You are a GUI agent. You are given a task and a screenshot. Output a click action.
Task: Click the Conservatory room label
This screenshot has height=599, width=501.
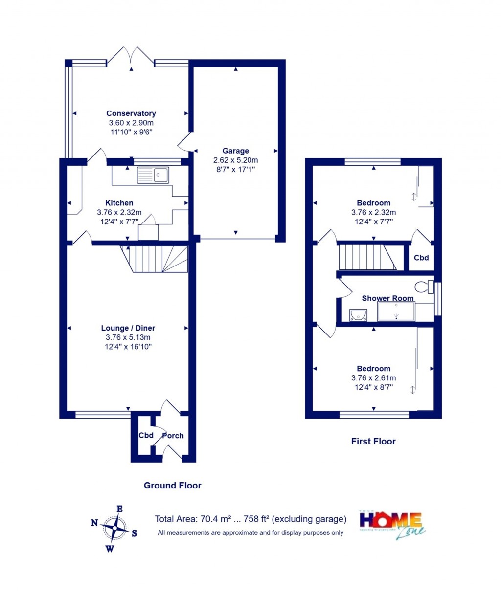tap(131, 113)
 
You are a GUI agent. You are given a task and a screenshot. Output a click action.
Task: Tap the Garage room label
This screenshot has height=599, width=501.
tap(235, 151)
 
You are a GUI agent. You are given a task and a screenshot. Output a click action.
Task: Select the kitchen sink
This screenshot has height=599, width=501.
tap(153, 175)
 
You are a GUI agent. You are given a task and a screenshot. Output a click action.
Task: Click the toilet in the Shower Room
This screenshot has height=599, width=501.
tap(424, 286)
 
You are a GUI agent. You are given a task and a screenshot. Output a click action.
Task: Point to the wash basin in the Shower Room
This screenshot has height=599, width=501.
tap(358, 315)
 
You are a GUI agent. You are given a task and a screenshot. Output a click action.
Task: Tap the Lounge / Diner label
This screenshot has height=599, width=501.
tap(128, 328)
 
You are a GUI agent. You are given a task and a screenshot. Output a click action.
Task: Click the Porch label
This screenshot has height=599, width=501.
tap(173, 436)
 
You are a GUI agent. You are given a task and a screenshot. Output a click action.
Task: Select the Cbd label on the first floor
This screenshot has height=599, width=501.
tap(421, 258)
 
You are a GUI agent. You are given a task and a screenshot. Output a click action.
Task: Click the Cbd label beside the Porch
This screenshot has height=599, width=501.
tap(146, 435)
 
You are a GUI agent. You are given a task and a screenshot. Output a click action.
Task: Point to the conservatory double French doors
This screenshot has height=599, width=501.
tap(131, 56)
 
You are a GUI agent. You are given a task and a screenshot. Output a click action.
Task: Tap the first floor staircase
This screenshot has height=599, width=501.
tap(367, 257)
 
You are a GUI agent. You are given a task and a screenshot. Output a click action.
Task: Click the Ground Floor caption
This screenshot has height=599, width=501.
tap(172, 486)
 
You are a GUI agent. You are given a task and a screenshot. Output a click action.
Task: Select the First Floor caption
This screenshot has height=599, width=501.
tap(373, 441)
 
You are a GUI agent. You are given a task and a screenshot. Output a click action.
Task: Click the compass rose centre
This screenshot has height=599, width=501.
tap(115, 528)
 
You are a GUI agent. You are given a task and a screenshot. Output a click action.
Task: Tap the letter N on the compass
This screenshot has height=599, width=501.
tap(94, 523)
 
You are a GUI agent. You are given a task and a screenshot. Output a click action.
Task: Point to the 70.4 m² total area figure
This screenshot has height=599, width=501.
tap(215, 519)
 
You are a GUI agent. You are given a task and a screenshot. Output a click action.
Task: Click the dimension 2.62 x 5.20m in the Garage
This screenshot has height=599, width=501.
tap(235, 160)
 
